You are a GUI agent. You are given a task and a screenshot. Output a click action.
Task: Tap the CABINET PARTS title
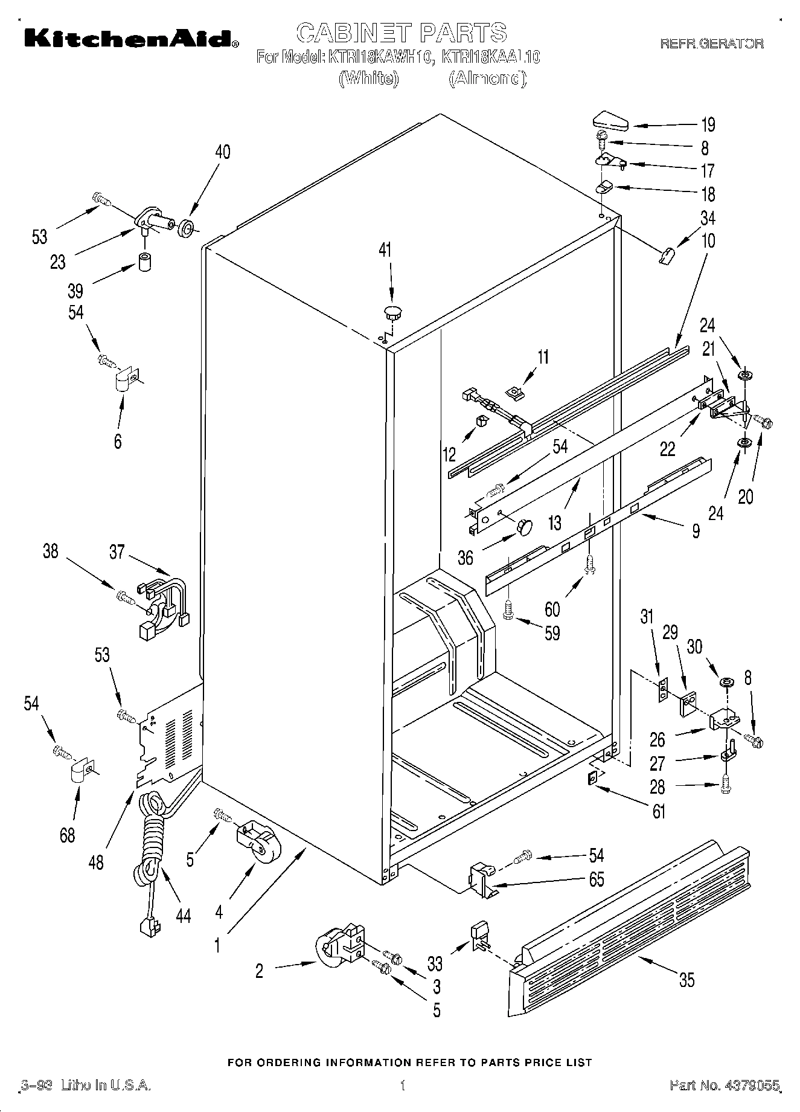(402, 32)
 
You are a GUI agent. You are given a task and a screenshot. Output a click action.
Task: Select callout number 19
(708, 124)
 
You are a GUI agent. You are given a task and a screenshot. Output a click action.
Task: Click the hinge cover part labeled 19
(608, 120)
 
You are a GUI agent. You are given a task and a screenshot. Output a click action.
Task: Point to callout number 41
(385, 250)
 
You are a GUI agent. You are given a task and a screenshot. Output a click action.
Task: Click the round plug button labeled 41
(393, 312)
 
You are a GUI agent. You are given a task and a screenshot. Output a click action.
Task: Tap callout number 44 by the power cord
(183, 916)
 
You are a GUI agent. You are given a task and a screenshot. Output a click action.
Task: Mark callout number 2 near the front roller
(259, 971)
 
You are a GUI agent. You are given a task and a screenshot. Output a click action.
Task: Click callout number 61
(659, 811)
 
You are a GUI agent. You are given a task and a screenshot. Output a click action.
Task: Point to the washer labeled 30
(726, 683)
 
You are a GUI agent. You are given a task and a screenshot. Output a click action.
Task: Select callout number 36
(465, 556)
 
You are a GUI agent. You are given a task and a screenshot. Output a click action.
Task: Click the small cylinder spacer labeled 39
(144, 263)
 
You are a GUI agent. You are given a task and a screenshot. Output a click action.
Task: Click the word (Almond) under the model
(487, 79)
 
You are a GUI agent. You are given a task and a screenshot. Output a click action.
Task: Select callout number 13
(554, 521)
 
